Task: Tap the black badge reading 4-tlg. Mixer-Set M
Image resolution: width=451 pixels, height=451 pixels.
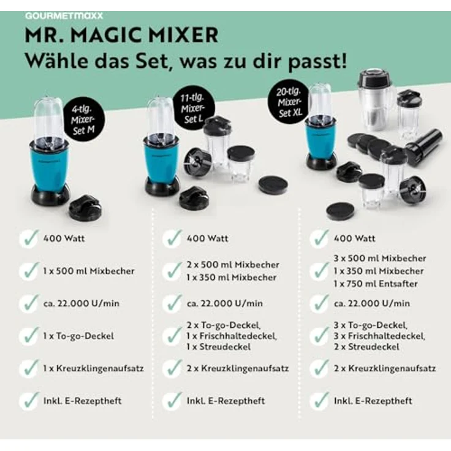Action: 86,117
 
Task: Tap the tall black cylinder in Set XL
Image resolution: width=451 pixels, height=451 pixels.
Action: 423,146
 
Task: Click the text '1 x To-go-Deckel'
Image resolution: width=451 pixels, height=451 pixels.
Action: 79,335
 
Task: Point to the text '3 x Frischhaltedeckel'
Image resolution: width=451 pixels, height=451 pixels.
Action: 379,336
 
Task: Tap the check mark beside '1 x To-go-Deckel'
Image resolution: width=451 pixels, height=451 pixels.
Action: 28,335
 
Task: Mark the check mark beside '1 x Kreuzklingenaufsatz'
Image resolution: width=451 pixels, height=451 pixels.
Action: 28,368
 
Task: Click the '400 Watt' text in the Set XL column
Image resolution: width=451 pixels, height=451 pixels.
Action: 354,238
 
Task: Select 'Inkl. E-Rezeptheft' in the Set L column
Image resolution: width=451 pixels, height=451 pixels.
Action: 226,401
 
